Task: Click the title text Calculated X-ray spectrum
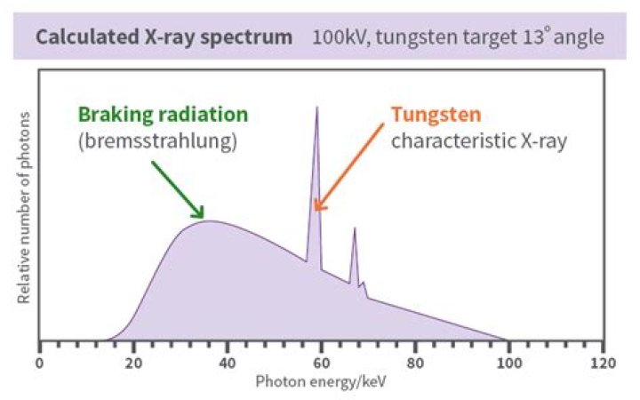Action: coord(164,39)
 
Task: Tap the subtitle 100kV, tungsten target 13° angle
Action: coord(457,39)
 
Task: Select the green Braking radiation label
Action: coord(163,115)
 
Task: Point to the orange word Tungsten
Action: coord(436,115)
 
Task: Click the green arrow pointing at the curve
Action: coord(177,188)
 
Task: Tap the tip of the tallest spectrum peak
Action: coord(316,108)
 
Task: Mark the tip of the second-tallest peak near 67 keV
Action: coord(354,228)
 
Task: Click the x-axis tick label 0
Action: coord(39,364)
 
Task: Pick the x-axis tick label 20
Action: coord(133,364)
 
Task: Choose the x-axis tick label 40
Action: coord(228,364)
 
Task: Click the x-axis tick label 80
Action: coord(415,364)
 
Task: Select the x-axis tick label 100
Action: coord(509,364)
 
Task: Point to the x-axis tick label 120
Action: coord(603,364)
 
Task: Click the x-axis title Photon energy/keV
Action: coord(322,382)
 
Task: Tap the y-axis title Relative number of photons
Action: coord(24,208)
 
